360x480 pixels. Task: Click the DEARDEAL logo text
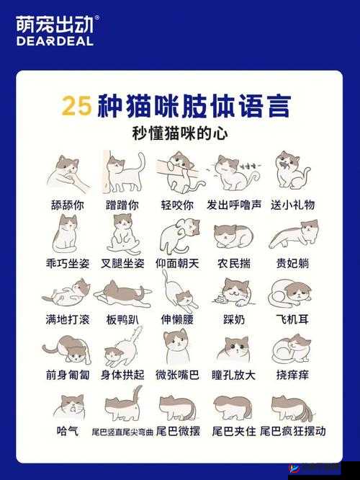coord(54,40)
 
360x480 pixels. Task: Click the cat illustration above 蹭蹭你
coord(124,172)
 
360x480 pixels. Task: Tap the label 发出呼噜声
coord(233,205)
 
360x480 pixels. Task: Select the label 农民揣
coord(233,263)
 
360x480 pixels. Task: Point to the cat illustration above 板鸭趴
coord(122,291)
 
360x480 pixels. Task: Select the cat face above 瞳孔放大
coord(235,348)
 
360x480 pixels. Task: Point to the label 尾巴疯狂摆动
coord(292,431)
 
